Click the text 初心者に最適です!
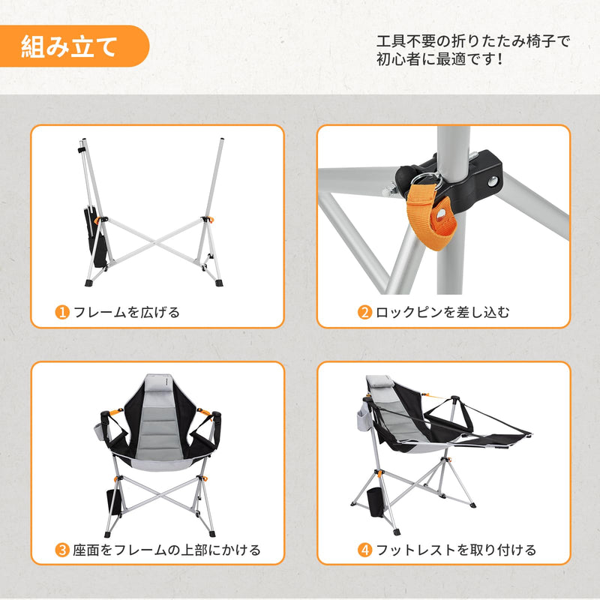tap(439, 59)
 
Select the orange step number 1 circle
tap(63, 312)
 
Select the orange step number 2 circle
tap(364, 312)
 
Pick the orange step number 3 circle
tap(63, 550)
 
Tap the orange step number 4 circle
tap(364, 550)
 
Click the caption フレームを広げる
tap(126, 312)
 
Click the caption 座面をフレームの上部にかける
tap(166, 550)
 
